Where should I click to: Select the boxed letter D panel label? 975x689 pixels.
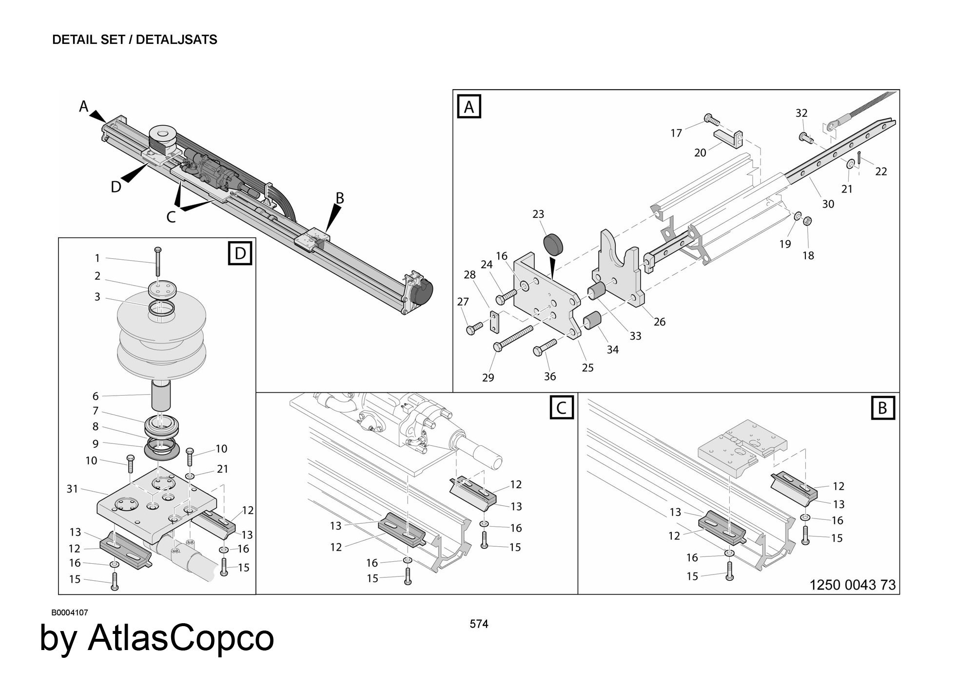240,253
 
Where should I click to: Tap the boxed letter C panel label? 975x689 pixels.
562,408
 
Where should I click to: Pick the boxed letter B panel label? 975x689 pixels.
882,408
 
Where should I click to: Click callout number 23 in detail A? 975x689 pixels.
538,214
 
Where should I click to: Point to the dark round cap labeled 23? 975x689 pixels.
553,244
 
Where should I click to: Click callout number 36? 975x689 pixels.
550,376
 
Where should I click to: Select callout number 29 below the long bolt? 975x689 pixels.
488,377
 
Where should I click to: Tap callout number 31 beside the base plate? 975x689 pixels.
72,488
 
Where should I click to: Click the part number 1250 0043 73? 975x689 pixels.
853,585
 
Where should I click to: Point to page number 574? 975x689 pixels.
479,624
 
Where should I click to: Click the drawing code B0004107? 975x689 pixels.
70,612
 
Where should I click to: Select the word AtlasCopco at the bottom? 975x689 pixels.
181,638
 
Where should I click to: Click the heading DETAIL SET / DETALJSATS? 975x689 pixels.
135,40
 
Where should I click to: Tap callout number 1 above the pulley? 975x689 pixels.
97,258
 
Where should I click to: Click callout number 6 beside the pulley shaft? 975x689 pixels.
96,396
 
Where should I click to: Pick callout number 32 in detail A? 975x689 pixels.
801,113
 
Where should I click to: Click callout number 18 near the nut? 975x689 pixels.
808,255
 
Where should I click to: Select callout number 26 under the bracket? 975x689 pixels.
660,322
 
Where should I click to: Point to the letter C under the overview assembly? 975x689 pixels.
171,217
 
